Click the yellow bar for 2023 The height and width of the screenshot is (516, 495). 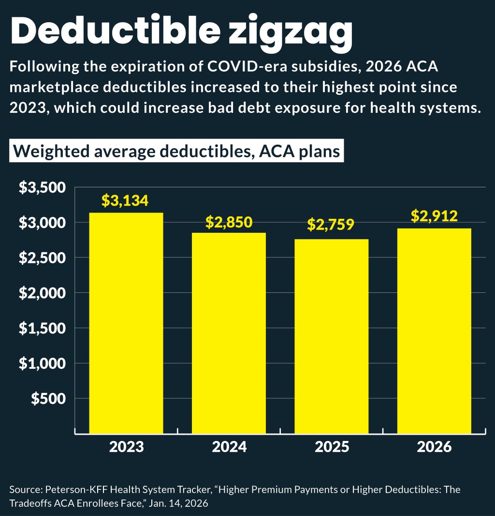click(x=126, y=323)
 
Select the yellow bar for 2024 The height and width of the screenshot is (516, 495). click(x=229, y=333)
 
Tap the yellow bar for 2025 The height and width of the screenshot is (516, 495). click(x=332, y=336)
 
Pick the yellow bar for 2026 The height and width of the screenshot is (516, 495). click(x=434, y=331)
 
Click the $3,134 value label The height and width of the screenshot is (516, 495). click(x=125, y=200)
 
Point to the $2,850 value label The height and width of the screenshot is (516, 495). click(x=229, y=222)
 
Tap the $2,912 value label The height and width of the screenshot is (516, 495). click(x=434, y=216)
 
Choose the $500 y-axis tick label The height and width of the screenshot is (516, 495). click(x=49, y=398)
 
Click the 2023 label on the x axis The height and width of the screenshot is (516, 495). click(x=126, y=446)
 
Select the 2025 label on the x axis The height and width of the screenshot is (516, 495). click(x=332, y=446)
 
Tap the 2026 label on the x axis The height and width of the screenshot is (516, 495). click(x=434, y=446)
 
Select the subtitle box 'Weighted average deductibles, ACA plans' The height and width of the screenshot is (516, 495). click(x=176, y=152)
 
